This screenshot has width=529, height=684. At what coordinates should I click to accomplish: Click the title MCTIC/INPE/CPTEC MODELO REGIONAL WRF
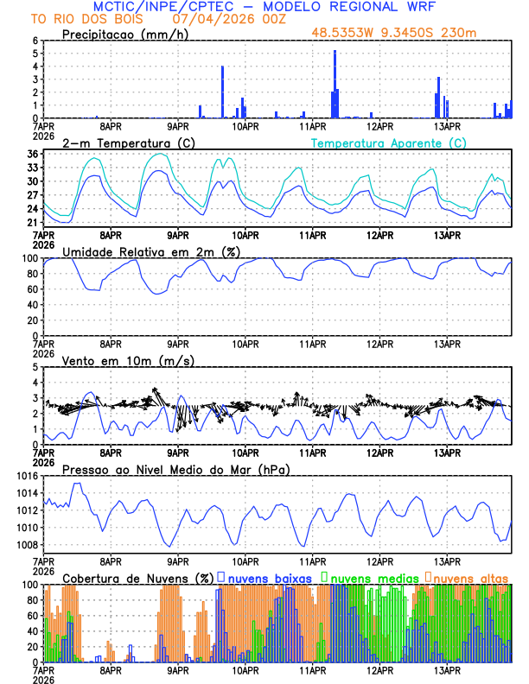(x=264, y=7)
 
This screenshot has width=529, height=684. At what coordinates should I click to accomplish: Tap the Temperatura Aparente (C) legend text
(x=388, y=142)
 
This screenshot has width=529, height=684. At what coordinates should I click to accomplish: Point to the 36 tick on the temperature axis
(x=33, y=154)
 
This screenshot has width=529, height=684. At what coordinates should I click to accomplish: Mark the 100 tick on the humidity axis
(x=29, y=257)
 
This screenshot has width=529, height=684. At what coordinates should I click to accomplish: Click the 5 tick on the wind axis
(x=35, y=367)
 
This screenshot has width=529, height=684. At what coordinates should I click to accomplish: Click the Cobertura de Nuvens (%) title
(x=137, y=578)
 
